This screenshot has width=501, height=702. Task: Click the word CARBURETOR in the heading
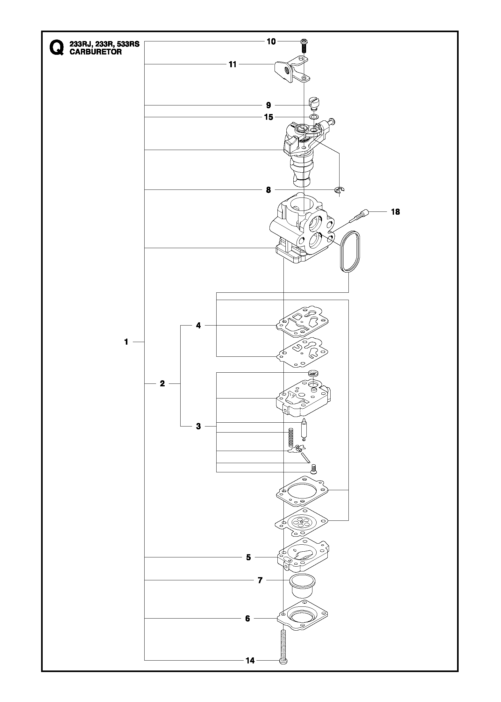(96, 52)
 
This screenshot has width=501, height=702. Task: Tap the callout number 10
(271, 41)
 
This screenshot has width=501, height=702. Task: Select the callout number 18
(395, 211)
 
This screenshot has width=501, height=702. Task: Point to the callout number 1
(126, 342)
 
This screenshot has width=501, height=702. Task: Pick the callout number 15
(269, 117)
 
